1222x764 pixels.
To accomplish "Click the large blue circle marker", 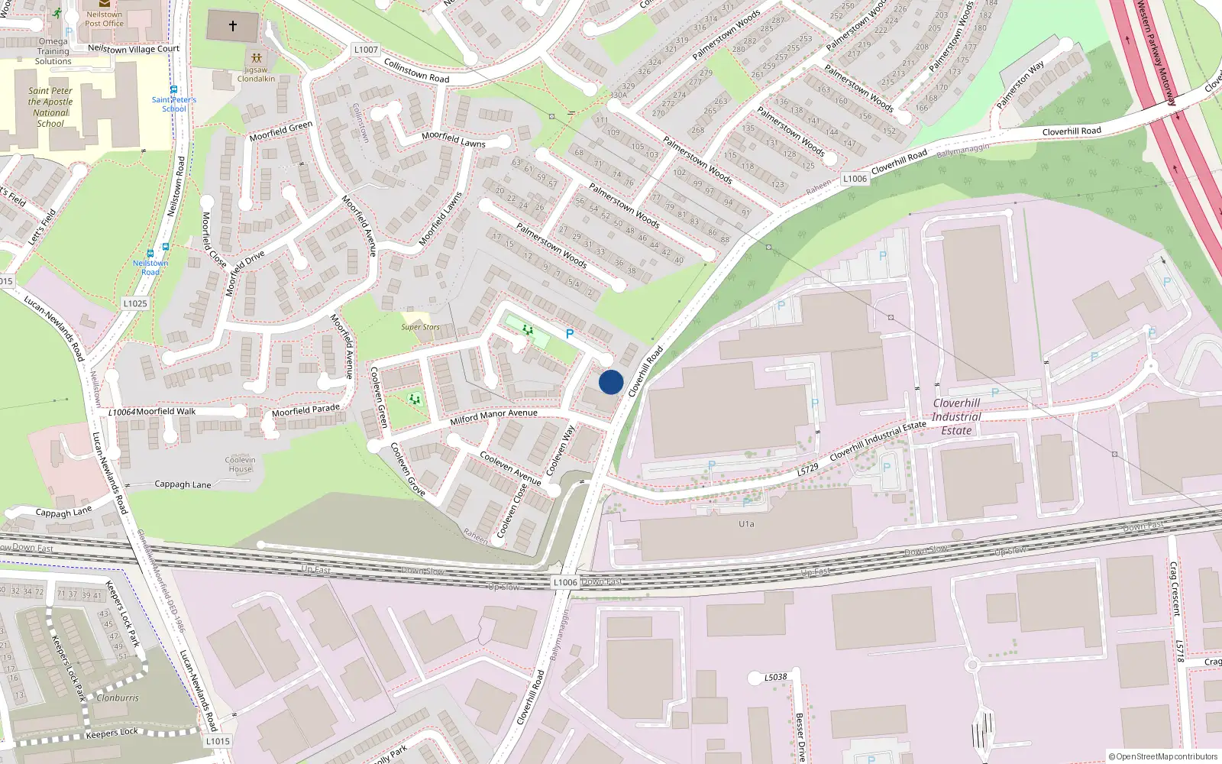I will (x=611, y=382).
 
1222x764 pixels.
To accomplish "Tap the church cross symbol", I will (x=233, y=26).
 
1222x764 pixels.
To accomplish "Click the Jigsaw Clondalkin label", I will (x=256, y=74).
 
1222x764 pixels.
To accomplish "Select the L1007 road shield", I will (x=366, y=50).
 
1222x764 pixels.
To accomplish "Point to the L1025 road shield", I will (x=135, y=303).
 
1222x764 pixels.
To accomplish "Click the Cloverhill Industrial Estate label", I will (x=956, y=416).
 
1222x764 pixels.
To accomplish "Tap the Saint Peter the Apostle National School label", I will (x=51, y=107).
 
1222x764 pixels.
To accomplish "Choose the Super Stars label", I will (x=420, y=327).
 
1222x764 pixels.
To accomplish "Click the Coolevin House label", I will (x=240, y=465).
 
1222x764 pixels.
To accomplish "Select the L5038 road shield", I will (x=775, y=677).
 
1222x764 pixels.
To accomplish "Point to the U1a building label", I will (x=746, y=524).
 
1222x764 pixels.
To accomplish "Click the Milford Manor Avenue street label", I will (x=493, y=416).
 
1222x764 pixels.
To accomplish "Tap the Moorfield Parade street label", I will (x=305, y=410).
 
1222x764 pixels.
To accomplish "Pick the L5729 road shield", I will (x=808, y=469).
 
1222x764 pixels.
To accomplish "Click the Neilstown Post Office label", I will (x=104, y=19).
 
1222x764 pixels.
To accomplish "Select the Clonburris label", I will (x=118, y=698).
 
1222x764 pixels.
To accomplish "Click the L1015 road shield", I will (x=218, y=740).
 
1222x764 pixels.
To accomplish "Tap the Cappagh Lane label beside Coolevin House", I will (x=183, y=484).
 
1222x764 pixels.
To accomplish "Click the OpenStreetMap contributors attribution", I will (x=1163, y=756).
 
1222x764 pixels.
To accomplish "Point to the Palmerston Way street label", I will (x=1020, y=85).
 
